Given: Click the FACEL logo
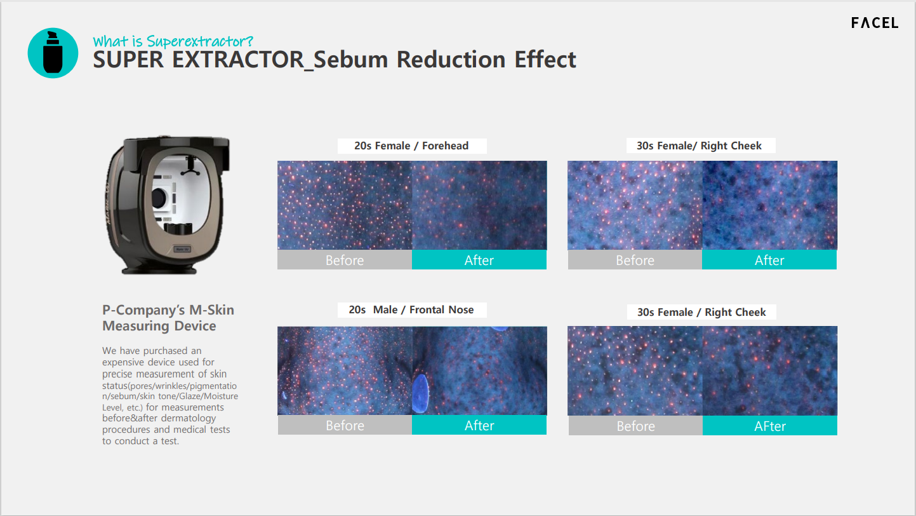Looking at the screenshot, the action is click(x=875, y=23).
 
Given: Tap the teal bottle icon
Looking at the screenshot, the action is click(x=53, y=53).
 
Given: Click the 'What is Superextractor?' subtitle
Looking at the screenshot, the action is click(x=173, y=41).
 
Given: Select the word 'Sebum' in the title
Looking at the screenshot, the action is click(x=350, y=60).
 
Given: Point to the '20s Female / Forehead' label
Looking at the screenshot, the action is click(x=411, y=146).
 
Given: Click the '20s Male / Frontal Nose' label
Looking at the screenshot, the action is click(x=411, y=309).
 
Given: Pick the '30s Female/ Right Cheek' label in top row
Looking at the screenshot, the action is click(x=700, y=146).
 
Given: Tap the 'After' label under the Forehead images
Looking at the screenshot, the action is click(x=479, y=260).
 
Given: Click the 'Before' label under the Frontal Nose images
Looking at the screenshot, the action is click(x=345, y=426).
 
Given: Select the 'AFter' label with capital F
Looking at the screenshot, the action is click(x=770, y=426).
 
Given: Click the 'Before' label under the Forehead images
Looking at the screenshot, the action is click(x=345, y=260).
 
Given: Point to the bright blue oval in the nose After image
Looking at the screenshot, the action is click(x=420, y=393).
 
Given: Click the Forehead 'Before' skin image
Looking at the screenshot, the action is click(x=345, y=205).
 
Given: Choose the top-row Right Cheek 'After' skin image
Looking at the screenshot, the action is click(x=769, y=205).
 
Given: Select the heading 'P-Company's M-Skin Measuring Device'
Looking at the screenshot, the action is click(x=168, y=318).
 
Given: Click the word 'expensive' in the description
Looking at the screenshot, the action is click(x=127, y=362).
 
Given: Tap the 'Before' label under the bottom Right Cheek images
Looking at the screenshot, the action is click(x=636, y=426).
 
